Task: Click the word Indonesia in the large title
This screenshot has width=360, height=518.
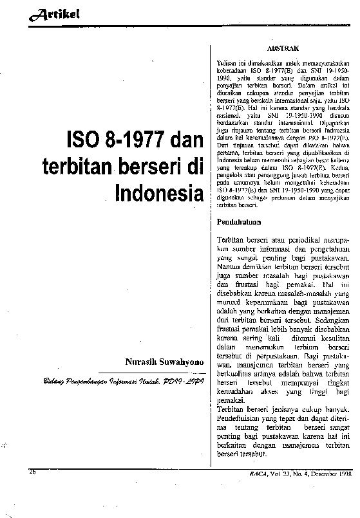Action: pos(156,192)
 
